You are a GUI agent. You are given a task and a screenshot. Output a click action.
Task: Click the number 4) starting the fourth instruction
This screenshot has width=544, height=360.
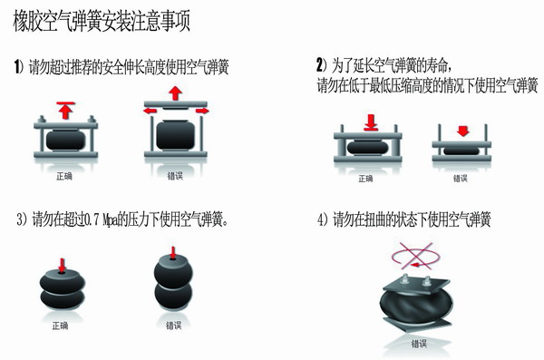point(320,219)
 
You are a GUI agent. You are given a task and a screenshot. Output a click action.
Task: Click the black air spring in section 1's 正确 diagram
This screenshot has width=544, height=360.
point(64,141)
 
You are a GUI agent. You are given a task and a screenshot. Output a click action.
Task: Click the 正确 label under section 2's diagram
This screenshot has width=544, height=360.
point(366,178)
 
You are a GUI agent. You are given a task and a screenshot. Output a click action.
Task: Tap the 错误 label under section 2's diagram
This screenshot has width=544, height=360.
point(460,178)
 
